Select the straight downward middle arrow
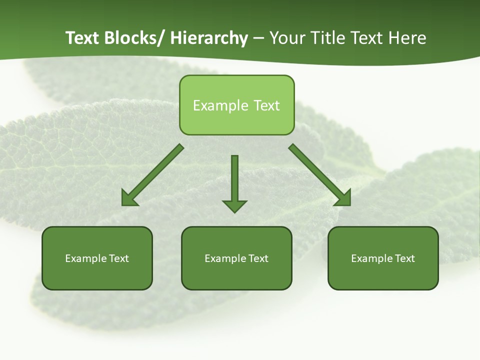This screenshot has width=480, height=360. [x=234, y=180]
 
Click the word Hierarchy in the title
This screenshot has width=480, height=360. [x=209, y=38]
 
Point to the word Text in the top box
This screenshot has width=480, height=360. [x=266, y=105]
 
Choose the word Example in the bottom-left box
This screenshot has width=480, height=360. [x=85, y=258]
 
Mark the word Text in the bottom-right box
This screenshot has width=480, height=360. [x=405, y=258]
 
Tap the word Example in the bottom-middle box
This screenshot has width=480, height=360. [x=225, y=258]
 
